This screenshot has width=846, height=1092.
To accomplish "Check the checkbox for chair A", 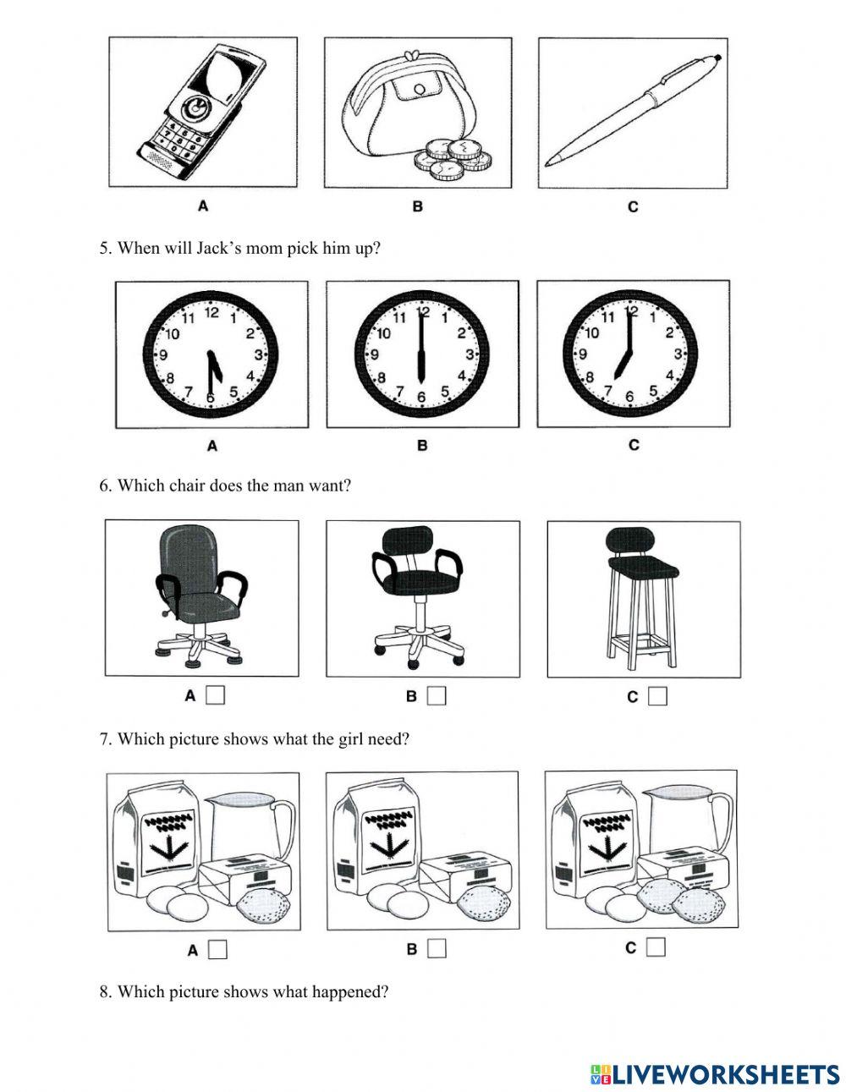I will pos(216,695).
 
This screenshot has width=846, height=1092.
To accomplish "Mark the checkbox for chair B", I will pos(437,696).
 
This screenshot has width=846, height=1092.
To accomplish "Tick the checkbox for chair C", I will pos(657,696).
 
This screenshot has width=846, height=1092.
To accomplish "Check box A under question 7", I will pos(217,950).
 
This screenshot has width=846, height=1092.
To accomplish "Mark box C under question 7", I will pos(656,947).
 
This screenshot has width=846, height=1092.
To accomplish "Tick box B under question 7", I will pos(437,949).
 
